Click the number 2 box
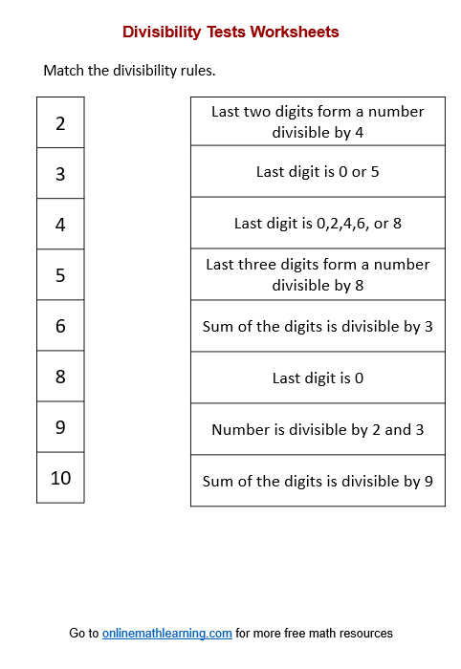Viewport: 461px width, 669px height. click(60, 122)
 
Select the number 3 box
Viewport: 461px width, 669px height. click(60, 173)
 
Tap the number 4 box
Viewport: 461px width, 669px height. click(60, 224)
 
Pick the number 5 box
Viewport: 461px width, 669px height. click(60, 275)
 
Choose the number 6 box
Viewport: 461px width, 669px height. click(60, 326)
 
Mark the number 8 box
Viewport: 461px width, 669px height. click(60, 377)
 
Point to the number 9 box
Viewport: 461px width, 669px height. click(60, 427)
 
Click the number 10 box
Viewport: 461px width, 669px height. click(60, 478)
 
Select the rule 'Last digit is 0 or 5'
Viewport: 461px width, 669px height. click(318, 172)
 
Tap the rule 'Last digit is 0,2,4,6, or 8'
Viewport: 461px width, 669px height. click(318, 224)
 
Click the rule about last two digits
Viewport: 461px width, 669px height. click(318, 121)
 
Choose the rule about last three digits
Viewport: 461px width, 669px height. click(318, 274)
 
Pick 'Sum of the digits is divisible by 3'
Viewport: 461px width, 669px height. click(318, 326)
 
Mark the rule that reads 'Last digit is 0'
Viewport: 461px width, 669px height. click(318, 378)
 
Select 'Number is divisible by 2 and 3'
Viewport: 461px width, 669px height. click(318, 429)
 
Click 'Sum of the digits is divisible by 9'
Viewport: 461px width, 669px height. click(318, 481)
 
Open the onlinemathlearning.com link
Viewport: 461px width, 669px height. click(167, 633)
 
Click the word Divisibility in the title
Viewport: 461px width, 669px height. click(161, 32)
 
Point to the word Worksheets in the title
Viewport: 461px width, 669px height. click(295, 32)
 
